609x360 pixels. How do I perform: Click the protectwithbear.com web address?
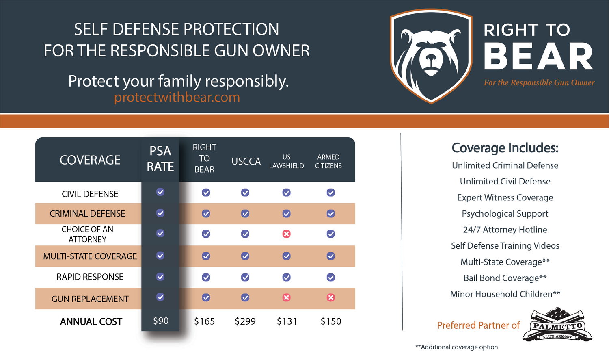pos(177,97)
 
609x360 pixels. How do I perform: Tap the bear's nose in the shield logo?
pos(431,57)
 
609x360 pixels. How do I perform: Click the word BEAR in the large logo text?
pos(538,56)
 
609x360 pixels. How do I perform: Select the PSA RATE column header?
pos(160,159)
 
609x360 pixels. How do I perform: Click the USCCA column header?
pos(246,161)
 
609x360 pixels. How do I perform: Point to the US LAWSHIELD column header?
pos(286,161)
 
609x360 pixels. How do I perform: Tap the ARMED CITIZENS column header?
pos(328,161)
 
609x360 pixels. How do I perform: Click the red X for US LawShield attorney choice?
pos(286,234)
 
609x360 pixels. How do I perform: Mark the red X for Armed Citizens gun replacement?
pos(330,297)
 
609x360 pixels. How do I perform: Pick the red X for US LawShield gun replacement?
pos(286,297)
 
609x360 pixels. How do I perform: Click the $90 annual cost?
pos(161,321)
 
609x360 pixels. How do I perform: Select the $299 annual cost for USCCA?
pos(245,321)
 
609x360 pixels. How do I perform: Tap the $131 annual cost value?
pos(287,321)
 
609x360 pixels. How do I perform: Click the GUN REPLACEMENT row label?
pos(90,299)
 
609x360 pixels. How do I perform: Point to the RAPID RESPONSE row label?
pos(90,277)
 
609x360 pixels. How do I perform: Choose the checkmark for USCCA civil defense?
pos(245,192)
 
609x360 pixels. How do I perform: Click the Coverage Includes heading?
pos(505,148)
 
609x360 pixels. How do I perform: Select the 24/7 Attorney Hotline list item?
pos(505,230)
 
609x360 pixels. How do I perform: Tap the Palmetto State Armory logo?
pos(557,324)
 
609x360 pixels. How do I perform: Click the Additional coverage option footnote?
pos(457,347)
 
